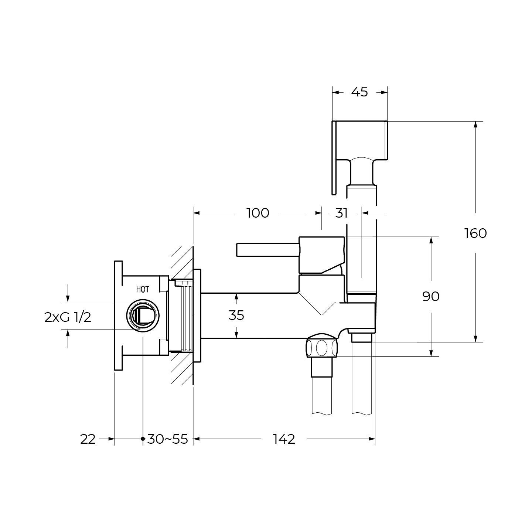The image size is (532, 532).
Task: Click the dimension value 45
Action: point(359,92)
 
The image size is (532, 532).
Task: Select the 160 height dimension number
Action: point(475,233)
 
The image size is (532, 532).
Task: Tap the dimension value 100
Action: point(258,213)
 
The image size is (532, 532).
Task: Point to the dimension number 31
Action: point(341,213)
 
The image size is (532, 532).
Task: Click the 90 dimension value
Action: point(431,296)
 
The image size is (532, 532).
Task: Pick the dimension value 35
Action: point(236,315)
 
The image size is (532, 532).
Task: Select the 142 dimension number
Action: point(284,439)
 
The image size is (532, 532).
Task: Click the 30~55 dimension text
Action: point(168,439)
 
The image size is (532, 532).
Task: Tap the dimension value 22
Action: point(88,439)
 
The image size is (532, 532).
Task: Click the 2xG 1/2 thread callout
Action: point(68,318)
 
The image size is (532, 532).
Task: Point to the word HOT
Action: point(143,289)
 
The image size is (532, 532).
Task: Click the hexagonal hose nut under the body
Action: point(322,348)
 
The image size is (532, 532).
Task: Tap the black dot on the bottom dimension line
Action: point(143,439)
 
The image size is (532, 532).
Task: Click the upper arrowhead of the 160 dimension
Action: point(475,125)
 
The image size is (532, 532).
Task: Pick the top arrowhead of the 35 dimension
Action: point(236,297)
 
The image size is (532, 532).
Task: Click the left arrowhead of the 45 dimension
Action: point(336,93)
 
